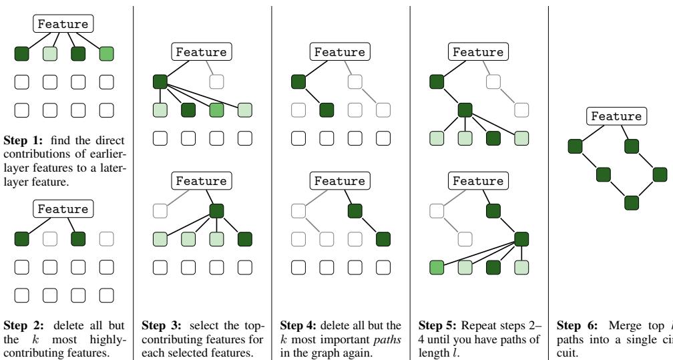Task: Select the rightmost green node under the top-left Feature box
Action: click(x=106, y=55)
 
